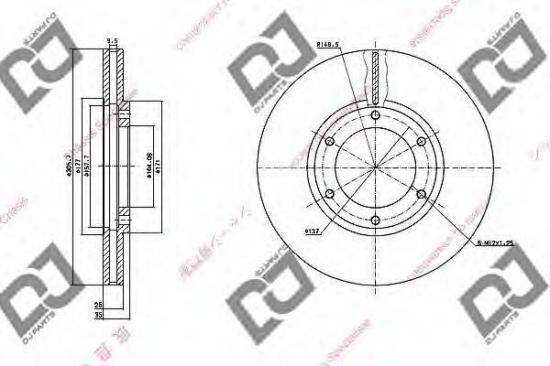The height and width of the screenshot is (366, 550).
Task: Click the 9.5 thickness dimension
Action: (112, 40)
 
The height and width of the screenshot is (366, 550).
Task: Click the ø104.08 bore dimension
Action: (149, 167)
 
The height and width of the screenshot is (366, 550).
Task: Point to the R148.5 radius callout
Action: (327, 43)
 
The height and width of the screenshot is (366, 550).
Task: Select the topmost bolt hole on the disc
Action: (377, 114)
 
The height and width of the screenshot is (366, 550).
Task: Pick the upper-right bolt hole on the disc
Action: (422, 141)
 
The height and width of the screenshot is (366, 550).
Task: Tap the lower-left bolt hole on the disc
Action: (330, 194)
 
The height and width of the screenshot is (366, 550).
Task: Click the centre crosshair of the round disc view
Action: (377, 167)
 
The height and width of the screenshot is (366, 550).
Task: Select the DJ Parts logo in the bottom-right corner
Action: (502, 307)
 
